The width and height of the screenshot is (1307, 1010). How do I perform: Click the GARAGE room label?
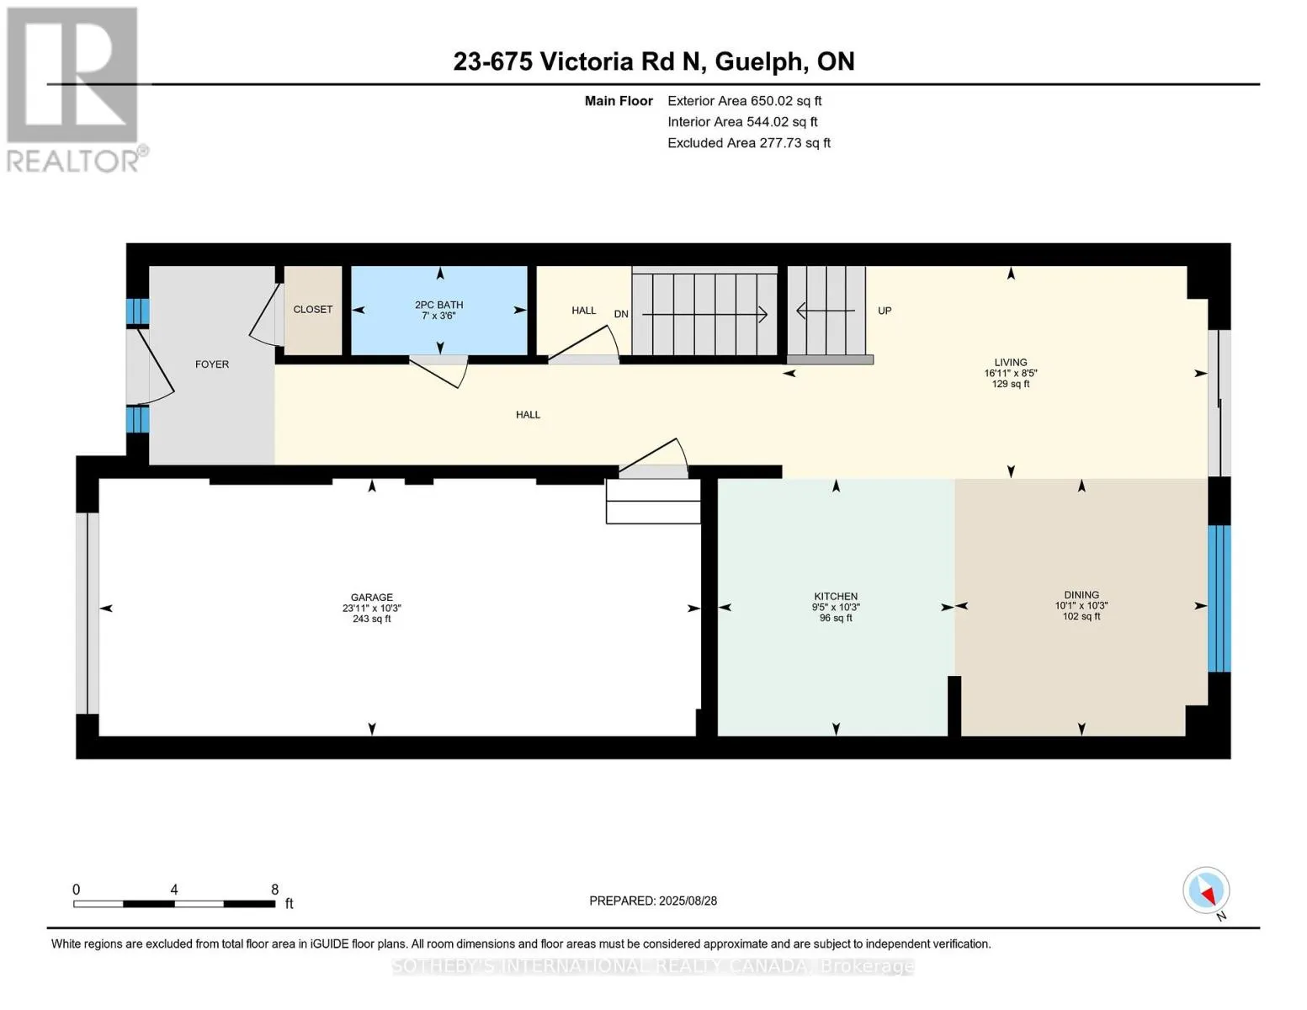pyautogui.click(x=372, y=598)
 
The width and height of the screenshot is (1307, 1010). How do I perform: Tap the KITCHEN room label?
pyautogui.click(x=836, y=596)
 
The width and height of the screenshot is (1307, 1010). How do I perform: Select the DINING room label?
pyautogui.click(x=1081, y=595)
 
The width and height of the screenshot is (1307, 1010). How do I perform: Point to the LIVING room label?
pyautogui.click(x=1011, y=362)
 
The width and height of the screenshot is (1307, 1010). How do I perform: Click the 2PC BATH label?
pyautogui.click(x=439, y=305)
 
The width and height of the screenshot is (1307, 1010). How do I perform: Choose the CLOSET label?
pyautogui.click(x=313, y=309)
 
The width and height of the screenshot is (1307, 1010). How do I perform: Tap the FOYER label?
pyautogui.click(x=212, y=364)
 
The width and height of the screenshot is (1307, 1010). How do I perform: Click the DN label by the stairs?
pyautogui.click(x=621, y=314)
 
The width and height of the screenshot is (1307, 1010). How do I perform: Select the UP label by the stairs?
pyautogui.click(x=885, y=311)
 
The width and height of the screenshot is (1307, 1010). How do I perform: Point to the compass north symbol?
pyautogui.click(x=1206, y=891)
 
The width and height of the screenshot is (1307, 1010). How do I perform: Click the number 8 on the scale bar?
pyautogui.click(x=275, y=889)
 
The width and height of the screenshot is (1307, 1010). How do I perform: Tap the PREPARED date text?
pyautogui.click(x=653, y=901)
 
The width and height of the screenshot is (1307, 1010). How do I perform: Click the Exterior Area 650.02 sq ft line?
pyautogui.click(x=745, y=101)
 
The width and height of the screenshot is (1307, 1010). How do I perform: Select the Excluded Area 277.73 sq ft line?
pyautogui.click(x=749, y=142)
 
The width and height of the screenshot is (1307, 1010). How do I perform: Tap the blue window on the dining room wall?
pyautogui.click(x=1219, y=598)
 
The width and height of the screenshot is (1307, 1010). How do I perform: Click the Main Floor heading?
pyautogui.click(x=619, y=101)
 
